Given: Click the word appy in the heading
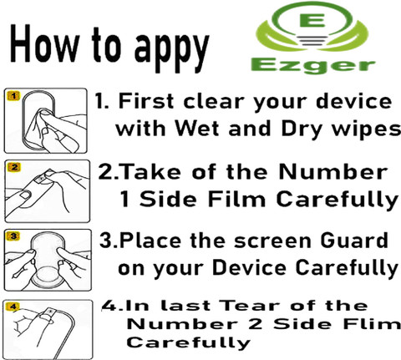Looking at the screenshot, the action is click(x=171, y=51).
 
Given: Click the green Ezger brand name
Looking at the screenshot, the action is click(x=313, y=66).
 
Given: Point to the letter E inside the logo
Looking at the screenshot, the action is click(x=312, y=19).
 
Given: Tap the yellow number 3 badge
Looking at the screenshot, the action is click(x=13, y=236).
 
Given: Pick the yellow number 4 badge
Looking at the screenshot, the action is click(x=13, y=307).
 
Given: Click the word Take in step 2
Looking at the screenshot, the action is click(x=150, y=171).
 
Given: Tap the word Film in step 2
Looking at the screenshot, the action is click(x=236, y=199).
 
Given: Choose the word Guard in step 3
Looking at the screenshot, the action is click(x=354, y=240).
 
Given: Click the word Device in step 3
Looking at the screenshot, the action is click(x=249, y=267).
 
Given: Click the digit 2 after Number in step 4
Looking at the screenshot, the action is click(x=256, y=324).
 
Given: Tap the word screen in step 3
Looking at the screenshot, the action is click(x=272, y=241).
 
